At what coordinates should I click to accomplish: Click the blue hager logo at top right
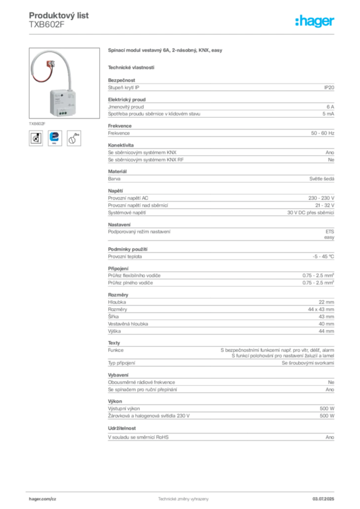tap(316, 21)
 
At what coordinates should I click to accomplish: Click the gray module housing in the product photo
tap(60, 104)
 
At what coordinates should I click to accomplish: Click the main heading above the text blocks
tap(165, 50)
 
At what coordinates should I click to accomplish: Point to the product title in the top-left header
tap(60, 16)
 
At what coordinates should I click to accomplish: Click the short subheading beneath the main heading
tap(131, 67)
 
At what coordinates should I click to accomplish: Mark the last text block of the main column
tap(222, 436)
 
